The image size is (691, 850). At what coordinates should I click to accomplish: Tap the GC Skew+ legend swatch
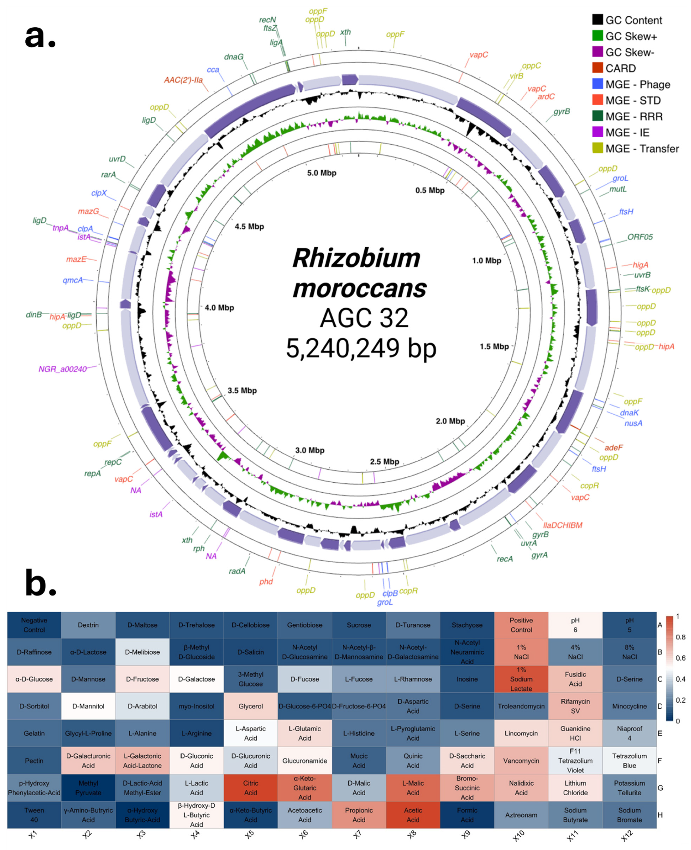(x=597, y=36)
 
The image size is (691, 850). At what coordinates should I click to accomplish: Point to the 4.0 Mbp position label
(x=219, y=308)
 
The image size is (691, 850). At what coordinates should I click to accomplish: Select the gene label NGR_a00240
(x=63, y=369)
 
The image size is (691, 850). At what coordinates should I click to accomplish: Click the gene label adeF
(x=614, y=448)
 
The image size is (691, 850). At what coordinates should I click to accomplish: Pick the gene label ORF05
(x=640, y=237)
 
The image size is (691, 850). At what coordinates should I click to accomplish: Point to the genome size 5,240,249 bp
(x=361, y=348)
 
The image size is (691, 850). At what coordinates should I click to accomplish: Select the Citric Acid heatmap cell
(x=251, y=788)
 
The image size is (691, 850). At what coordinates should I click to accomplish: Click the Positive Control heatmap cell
(x=521, y=625)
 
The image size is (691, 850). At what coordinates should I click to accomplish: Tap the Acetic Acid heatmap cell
(x=413, y=815)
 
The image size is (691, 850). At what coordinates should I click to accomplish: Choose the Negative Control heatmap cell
(x=34, y=625)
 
